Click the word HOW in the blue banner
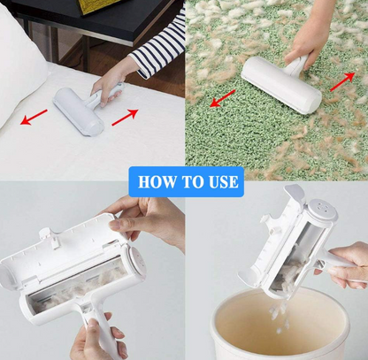tap(157, 182)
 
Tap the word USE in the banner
tap(221, 182)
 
